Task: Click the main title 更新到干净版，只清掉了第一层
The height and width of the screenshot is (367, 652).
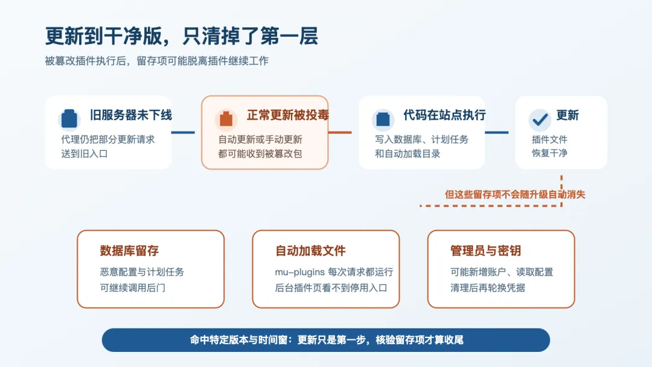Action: [x=181, y=36]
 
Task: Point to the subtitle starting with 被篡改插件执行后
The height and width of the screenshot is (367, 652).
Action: [x=157, y=61]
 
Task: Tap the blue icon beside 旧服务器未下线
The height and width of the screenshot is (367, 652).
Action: [x=69, y=119]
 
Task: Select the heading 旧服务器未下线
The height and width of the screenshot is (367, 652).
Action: [x=131, y=115]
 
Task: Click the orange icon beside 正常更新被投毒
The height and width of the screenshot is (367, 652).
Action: [x=226, y=119]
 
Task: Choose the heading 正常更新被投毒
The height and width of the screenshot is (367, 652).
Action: [x=288, y=115]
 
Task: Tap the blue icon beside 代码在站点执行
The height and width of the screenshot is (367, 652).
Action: [x=383, y=119]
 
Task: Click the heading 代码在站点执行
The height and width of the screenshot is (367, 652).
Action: [x=444, y=115]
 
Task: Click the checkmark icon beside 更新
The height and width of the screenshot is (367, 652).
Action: [x=540, y=120]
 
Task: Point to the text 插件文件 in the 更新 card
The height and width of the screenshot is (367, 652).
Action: [x=549, y=139]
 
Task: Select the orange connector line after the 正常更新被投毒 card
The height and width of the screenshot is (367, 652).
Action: [x=340, y=133]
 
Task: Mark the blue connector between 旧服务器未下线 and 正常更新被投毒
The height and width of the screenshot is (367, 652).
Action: [x=183, y=133]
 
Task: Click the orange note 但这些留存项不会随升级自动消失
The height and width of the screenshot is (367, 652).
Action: [x=515, y=194]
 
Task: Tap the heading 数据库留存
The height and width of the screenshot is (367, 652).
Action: [x=129, y=251]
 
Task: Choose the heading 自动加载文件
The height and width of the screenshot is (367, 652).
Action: [x=310, y=251]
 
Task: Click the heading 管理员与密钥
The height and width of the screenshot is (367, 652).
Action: [x=485, y=251]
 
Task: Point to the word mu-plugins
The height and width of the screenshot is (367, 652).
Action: [x=299, y=272]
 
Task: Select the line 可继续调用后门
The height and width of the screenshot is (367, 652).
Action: [x=132, y=287]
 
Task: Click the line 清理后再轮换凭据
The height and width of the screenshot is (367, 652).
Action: [x=487, y=287]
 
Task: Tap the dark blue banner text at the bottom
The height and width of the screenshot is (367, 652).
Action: [x=327, y=340]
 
